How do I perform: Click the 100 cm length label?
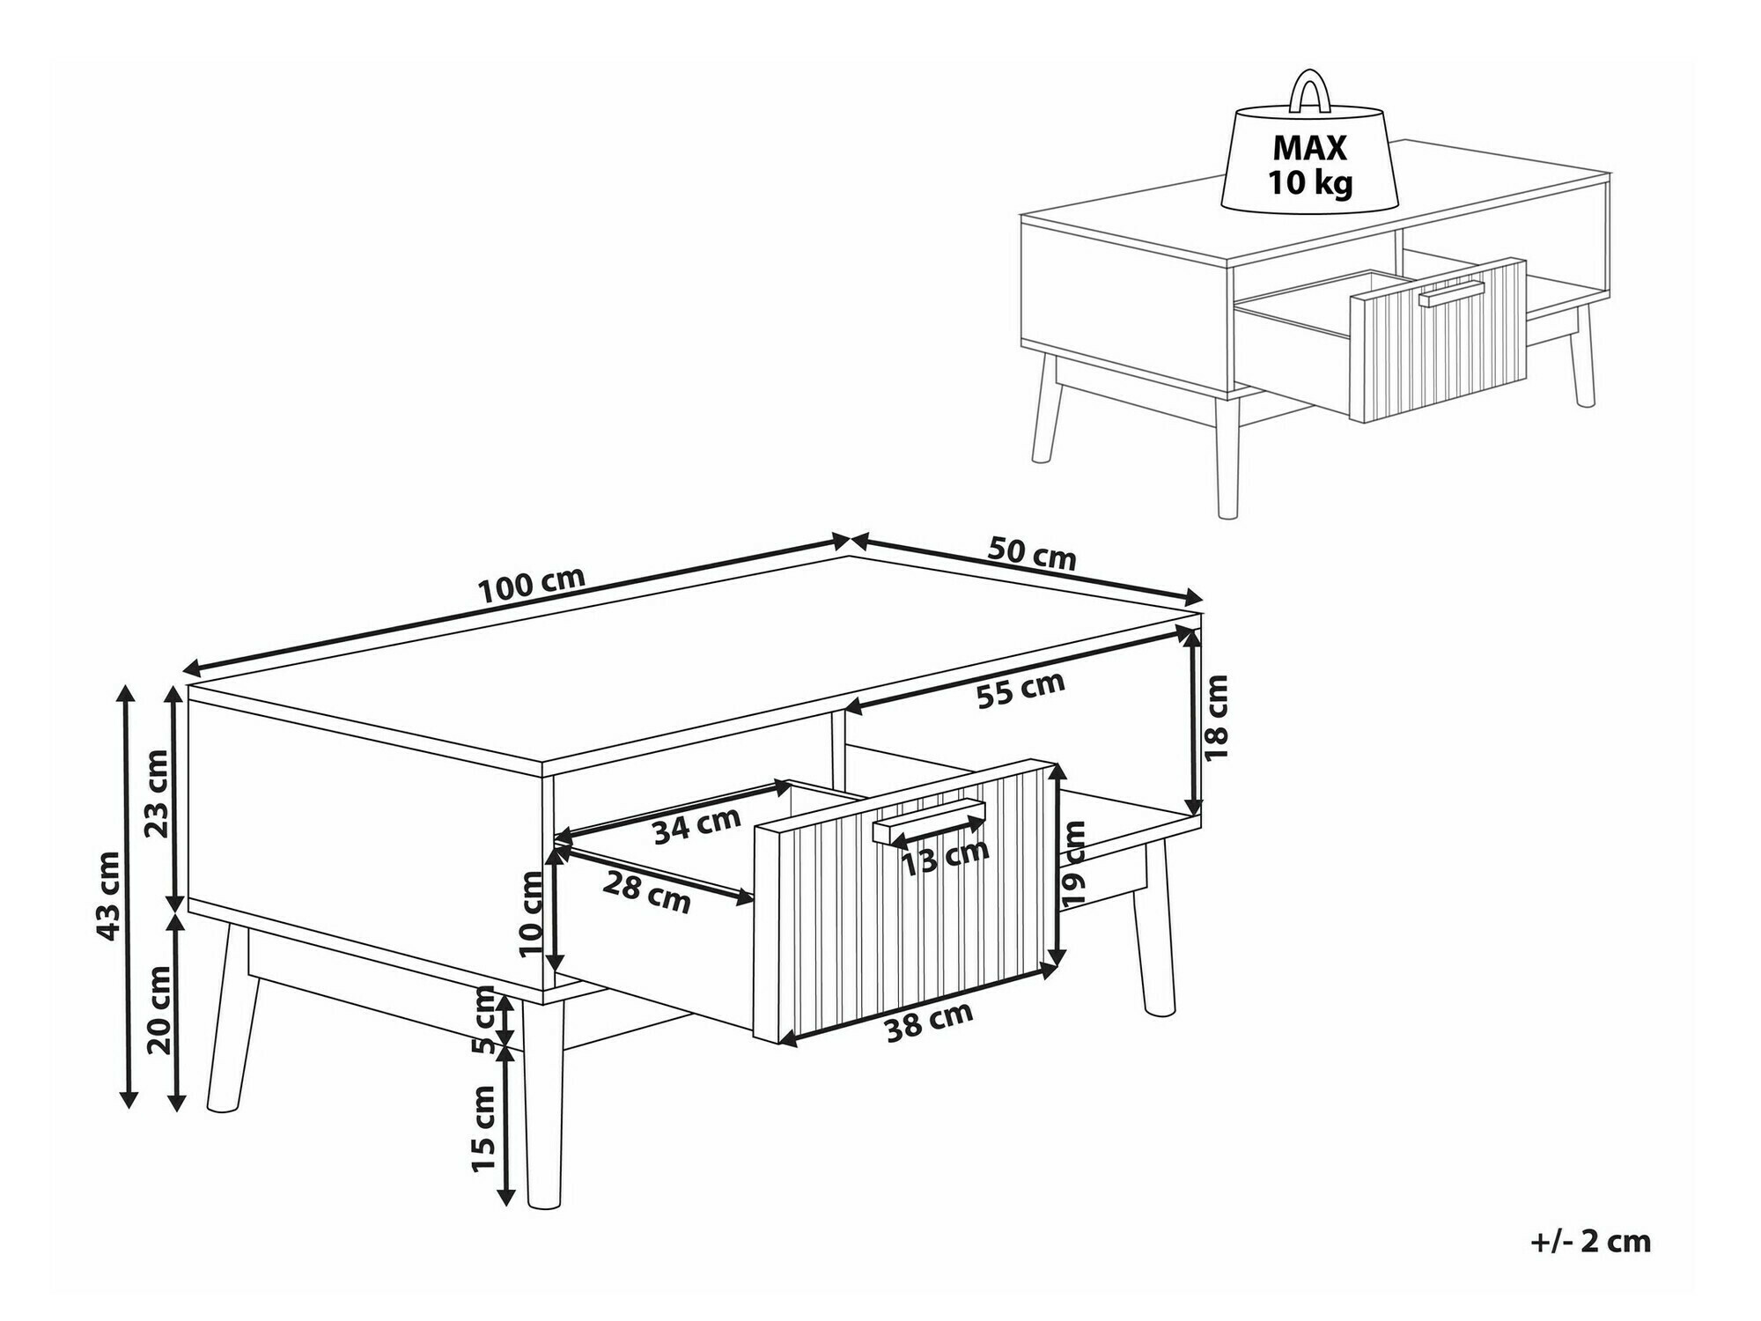tap(532, 585)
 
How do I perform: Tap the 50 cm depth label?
tap(1032, 553)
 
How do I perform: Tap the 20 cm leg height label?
tap(159, 1009)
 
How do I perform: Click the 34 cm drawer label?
tap(697, 825)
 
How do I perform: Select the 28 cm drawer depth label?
tap(646, 894)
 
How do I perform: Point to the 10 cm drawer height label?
tap(532, 913)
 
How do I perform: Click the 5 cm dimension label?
tap(483, 1020)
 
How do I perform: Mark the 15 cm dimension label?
tap(483, 1128)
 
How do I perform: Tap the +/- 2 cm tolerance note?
tap(1590, 1242)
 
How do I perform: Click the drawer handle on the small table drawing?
tap(1452, 294)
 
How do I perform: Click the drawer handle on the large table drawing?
tap(929, 820)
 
